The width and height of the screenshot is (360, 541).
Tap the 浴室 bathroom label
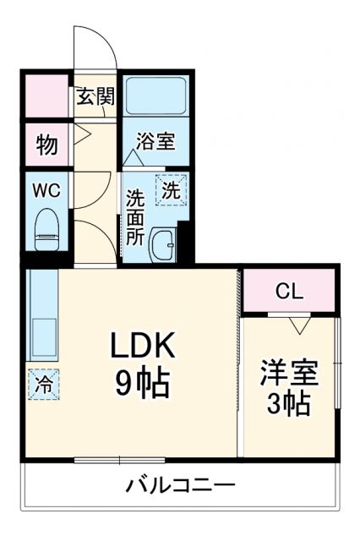tap(156, 141)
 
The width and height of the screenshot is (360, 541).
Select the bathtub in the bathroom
tap(156, 98)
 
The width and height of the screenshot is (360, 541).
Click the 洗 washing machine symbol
tap(170, 191)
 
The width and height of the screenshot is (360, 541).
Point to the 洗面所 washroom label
tap(136, 217)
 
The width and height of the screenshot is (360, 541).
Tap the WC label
tap(46, 190)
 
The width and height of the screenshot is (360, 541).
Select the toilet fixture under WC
tap(46, 230)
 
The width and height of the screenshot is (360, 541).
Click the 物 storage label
tap(46, 144)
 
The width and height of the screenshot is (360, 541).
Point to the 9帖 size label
tap(141, 385)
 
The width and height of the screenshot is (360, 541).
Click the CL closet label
tap(289, 292)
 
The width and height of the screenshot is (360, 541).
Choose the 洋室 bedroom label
tap(289, 373)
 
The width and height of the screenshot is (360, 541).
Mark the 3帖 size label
tap(289, 404)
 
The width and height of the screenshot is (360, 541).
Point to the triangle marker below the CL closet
tap(297, 324)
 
